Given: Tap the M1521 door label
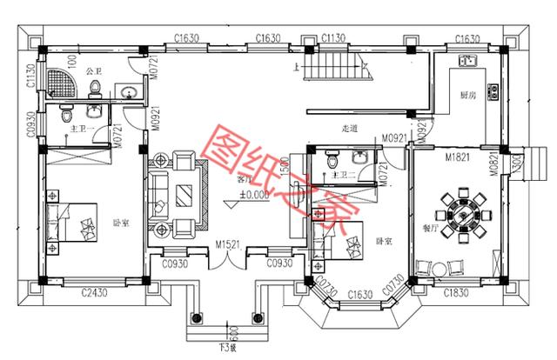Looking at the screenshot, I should pos(229,245).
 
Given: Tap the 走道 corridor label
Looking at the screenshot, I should pos(351,130).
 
